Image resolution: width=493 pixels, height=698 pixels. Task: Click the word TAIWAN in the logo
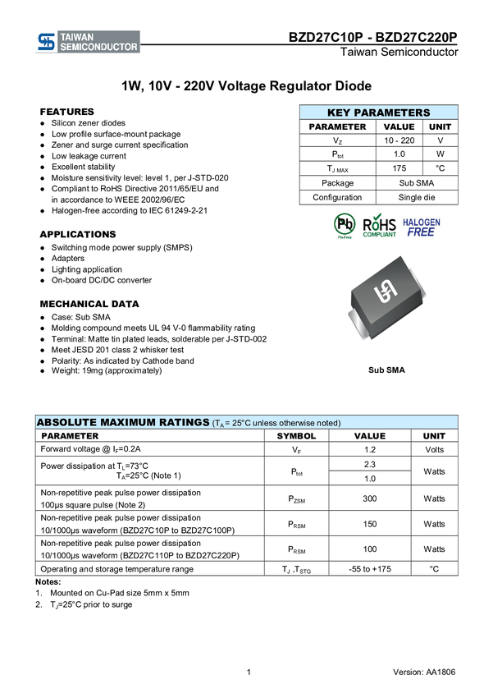click(77, 37)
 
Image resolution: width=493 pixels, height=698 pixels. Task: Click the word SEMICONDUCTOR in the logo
click(99, 47)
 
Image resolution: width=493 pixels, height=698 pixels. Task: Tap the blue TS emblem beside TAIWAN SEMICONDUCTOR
click(46, 42)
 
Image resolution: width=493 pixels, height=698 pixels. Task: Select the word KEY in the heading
click(340, 113)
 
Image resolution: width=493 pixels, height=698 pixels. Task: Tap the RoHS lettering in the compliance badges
click(380, 223)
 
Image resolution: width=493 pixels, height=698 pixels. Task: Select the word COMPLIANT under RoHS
click(380, 235)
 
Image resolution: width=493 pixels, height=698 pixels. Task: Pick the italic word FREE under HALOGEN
click(422, 232)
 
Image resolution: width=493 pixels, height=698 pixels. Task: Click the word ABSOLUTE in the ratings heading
click(66, 422)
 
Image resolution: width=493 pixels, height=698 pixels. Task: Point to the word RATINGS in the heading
click(183, 422)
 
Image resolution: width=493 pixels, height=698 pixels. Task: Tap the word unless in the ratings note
click(272, 423)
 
